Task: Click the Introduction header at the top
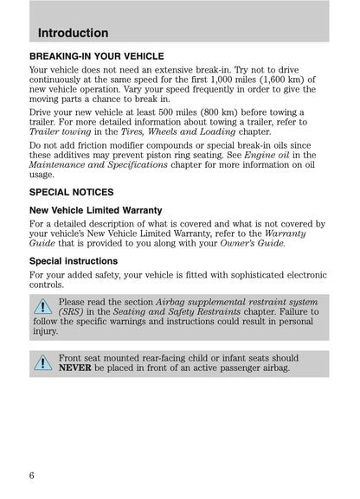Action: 74,33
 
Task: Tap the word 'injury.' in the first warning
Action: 46,331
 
